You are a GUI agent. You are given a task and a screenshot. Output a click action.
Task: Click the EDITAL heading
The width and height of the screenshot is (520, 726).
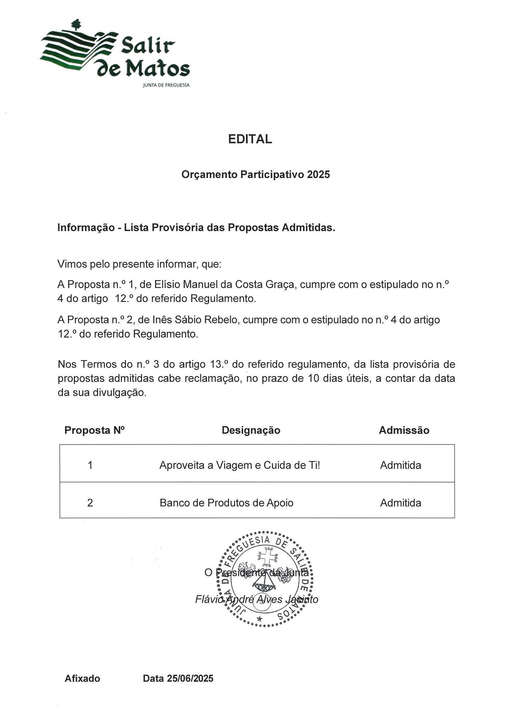250,139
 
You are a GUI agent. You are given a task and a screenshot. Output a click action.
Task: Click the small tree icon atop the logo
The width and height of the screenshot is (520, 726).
76,24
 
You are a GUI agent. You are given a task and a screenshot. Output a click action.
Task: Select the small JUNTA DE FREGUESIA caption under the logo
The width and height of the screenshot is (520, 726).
166,85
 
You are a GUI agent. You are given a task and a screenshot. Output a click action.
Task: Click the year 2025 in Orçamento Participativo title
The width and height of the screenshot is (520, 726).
318,174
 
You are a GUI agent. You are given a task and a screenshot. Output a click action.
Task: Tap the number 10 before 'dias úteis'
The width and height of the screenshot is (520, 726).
314,378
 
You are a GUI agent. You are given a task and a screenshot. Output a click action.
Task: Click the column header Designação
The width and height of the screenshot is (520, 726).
251,430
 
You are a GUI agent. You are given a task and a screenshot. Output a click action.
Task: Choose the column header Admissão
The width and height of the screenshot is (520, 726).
404,430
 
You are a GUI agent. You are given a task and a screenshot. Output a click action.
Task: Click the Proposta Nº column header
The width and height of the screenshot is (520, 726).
95,430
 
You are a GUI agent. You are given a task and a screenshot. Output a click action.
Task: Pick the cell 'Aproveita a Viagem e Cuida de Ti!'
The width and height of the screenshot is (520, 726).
240,465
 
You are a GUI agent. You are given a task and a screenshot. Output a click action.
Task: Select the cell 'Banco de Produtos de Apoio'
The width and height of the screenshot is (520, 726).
226,503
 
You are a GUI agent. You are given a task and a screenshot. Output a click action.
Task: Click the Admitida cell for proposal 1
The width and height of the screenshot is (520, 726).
401,465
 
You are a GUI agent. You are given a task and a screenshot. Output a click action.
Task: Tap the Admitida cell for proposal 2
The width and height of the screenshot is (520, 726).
401,503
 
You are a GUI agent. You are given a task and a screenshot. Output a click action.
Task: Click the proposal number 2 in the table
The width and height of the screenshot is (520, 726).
90,503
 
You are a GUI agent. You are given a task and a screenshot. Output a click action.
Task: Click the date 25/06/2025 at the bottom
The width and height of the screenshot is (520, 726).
190,678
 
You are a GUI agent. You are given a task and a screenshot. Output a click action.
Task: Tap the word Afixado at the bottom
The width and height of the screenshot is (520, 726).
82,678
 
